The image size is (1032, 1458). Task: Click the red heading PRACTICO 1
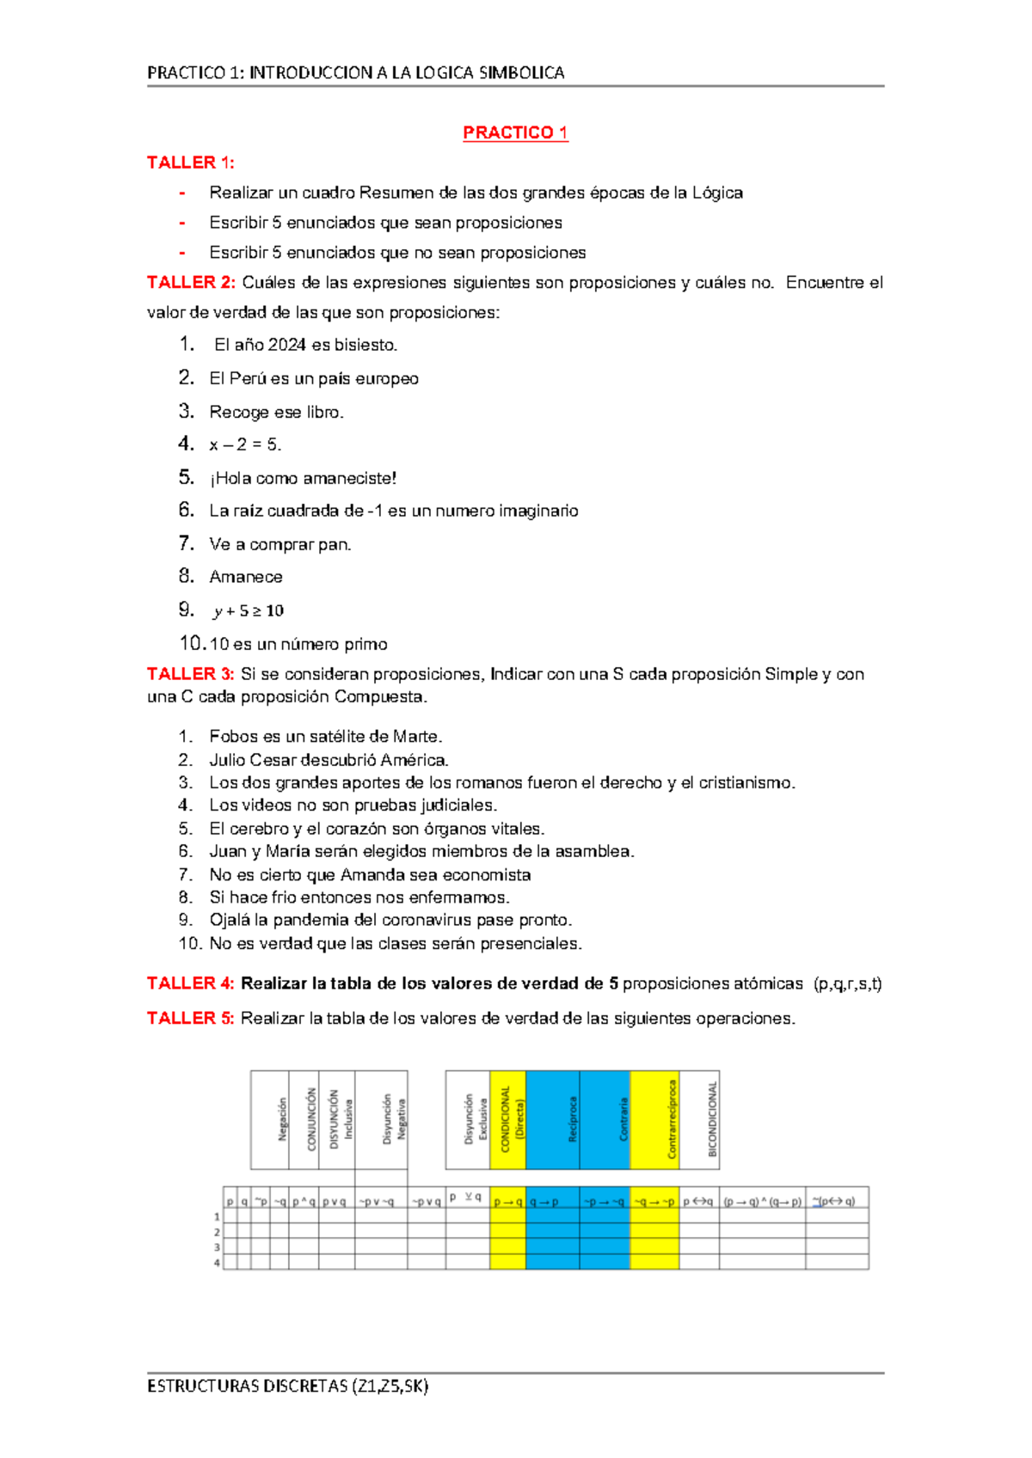(x=515, y=132)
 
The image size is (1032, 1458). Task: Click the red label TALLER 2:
(x=191, y=283)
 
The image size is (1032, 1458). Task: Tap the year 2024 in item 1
(x=286, y=346)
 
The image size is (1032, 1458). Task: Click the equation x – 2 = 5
(x=245, y=445)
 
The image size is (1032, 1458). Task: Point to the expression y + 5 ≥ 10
(x=249, y=611)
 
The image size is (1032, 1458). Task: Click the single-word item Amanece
(x=246, y=577)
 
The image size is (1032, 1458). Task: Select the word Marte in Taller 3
(x=416, y=737)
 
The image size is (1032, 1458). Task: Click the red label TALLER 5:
(x=191, y=1019)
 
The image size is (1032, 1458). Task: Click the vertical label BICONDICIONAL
(x=712, y=1119)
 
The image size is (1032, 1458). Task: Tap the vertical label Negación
(x=282, y=1119)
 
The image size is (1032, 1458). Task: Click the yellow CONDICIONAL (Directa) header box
(x=508, y=1119)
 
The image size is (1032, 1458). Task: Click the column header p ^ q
(x=304, y=1202)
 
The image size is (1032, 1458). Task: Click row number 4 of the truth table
(x=217, y=1263)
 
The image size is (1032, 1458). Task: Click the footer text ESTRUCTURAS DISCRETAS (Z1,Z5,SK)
(x=288, y=1386)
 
